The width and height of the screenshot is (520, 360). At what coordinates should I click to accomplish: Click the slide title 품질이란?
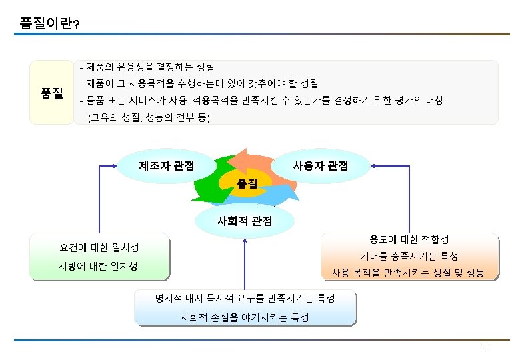51,24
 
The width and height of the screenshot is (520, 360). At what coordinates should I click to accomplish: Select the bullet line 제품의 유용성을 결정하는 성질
147,67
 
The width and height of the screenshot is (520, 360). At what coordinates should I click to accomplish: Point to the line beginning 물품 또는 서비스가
261,101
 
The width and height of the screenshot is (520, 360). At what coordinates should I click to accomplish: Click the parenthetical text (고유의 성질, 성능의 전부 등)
148,119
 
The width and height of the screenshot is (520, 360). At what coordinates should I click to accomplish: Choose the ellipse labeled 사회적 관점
244,220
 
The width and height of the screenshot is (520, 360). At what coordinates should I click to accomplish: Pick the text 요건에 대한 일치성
99,248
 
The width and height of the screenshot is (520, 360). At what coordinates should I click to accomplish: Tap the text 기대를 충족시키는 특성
409,256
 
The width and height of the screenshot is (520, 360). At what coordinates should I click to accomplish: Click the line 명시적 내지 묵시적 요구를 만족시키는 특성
245,297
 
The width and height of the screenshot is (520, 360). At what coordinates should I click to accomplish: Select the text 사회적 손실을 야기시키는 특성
245,318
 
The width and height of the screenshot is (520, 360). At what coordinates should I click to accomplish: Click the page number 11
485,351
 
